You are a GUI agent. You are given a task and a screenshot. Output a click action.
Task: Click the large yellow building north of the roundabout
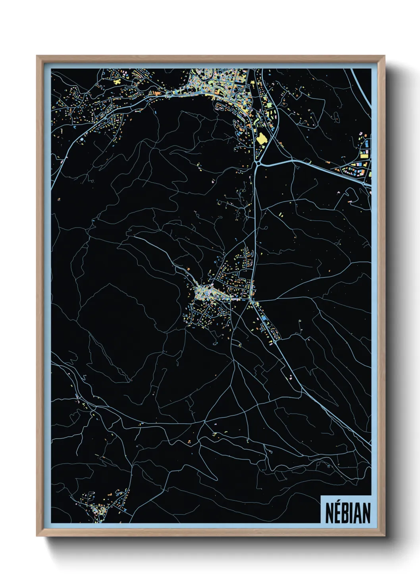coord(261,139)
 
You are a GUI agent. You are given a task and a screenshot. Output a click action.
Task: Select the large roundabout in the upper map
coord(258,163)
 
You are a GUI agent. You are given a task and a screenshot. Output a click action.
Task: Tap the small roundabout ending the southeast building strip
coord(274,341)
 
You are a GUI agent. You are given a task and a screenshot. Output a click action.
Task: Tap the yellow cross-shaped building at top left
coord(117,81)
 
